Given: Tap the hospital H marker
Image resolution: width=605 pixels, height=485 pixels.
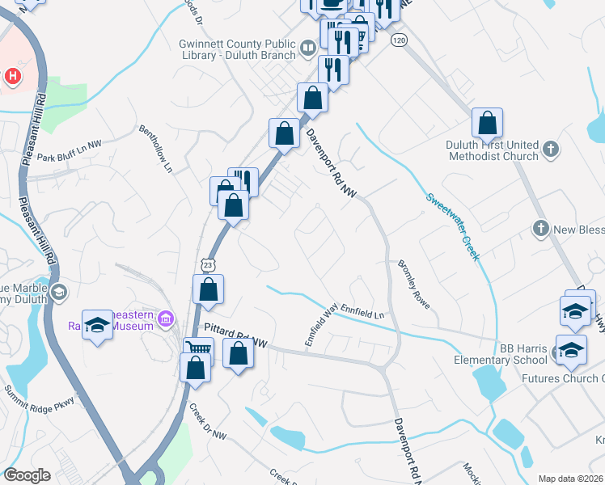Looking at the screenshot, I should point(12,77).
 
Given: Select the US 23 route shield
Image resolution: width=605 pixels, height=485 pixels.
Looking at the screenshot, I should point(209,264).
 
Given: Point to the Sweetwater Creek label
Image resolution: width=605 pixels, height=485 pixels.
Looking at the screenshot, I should point(453,226).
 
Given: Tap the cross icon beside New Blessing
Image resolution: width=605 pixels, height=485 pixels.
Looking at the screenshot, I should point(541,230).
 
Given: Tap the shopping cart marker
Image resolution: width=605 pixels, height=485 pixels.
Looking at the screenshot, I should point(197,349).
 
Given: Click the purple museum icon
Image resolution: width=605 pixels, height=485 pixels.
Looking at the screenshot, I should point(167,318).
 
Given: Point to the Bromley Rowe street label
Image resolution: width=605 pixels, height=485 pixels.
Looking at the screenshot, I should point(413,284).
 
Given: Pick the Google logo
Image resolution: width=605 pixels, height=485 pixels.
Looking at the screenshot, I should point(27,475).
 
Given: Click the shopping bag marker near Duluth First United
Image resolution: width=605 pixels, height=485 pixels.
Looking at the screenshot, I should point(488,124).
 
